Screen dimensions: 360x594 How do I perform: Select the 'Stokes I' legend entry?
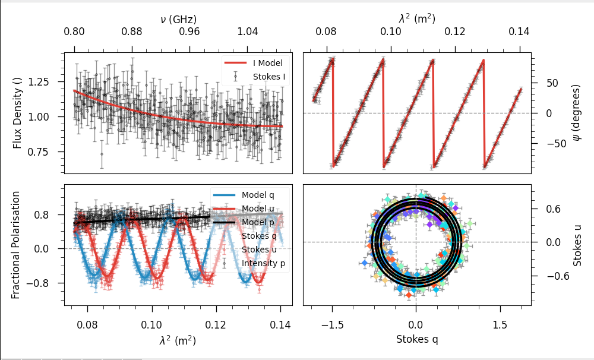point(267,77)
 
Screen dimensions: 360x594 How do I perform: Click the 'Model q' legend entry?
point(257,194)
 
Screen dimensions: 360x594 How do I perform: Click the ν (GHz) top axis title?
point(178,20)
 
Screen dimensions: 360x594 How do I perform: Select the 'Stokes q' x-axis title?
point(416,339)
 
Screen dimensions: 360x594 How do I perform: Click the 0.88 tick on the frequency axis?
point(132,31)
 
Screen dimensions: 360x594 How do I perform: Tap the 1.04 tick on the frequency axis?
point(247,31)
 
